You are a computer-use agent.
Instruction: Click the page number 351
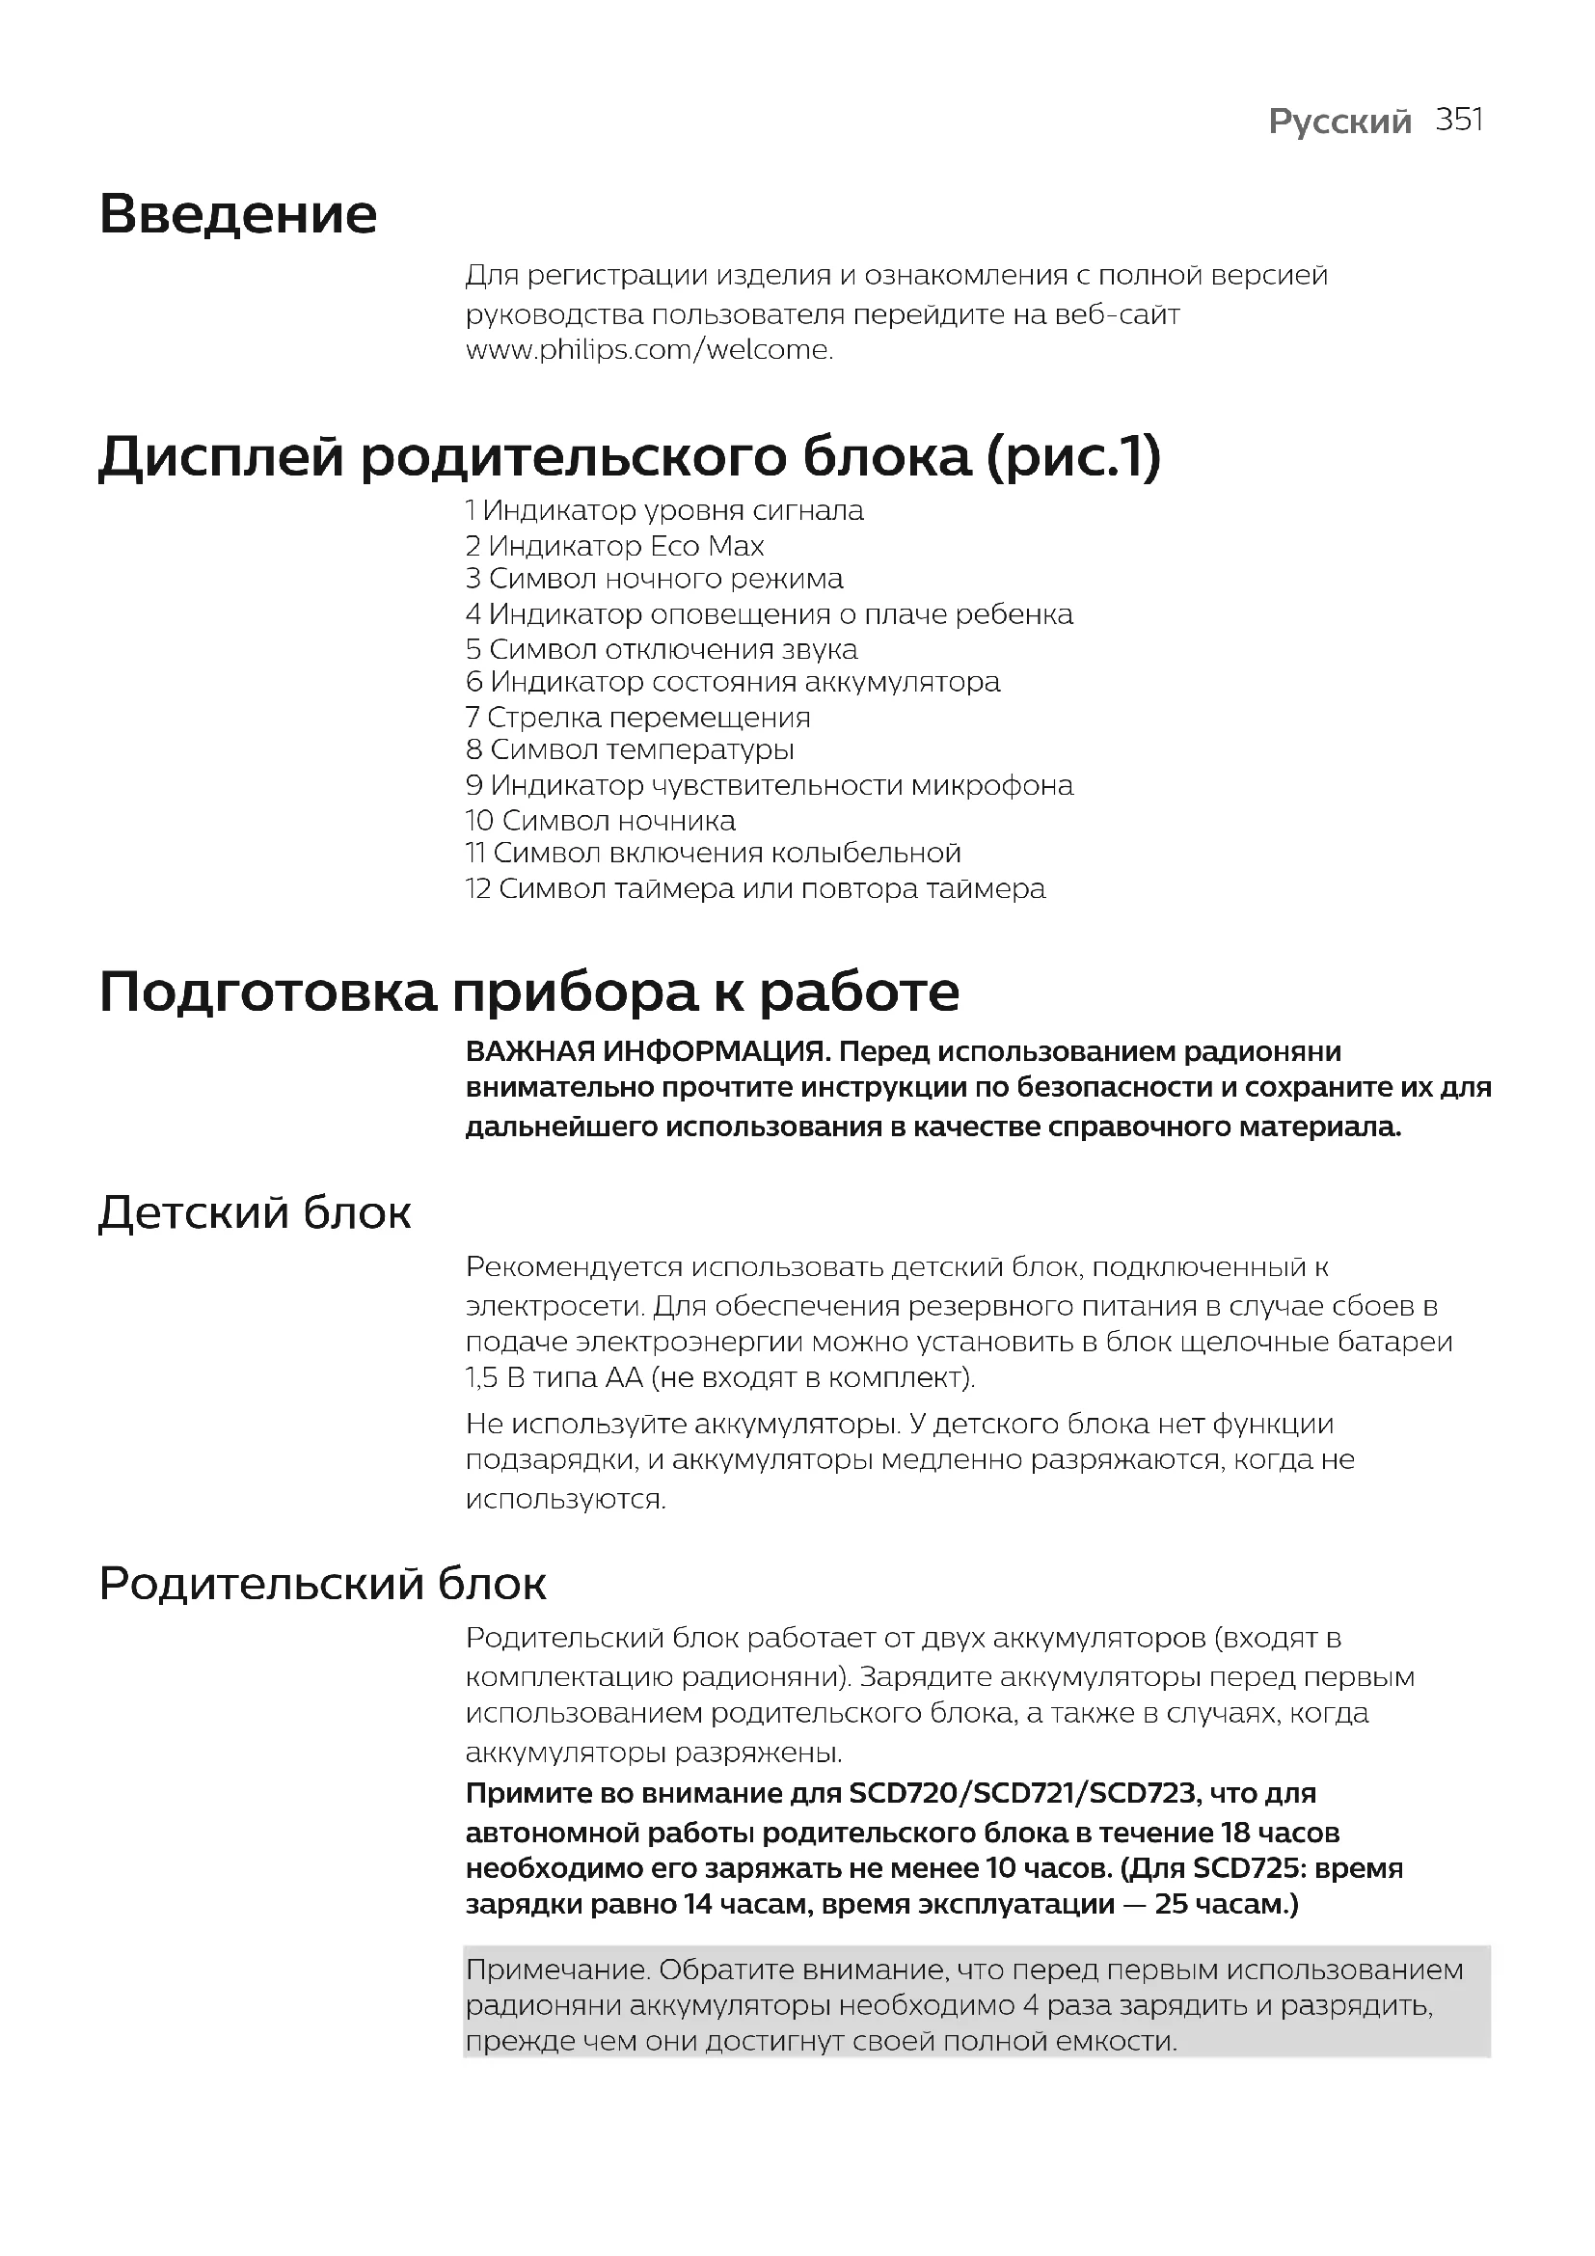click(1458, 120)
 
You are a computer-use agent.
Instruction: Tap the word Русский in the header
click(1339, 122)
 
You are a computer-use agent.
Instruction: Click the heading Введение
click(237, 214)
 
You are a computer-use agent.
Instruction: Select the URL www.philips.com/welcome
click(649, 350)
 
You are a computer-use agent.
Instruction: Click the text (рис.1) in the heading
click(1072, 457)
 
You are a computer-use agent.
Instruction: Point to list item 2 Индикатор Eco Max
click(615, 545)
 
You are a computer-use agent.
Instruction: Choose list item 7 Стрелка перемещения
click(638, 718)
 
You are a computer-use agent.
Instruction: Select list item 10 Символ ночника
click(600, 821)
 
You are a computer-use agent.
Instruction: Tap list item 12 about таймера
click(755, 889)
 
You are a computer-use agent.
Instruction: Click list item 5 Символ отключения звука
click(662, 649)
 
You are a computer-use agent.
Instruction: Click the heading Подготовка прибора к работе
click(529, 992)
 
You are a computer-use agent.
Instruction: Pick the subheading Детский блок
click(255, 1212)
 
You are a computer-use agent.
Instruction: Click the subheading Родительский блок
click(322, 1584)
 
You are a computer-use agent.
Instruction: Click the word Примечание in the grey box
click(555, 1970)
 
